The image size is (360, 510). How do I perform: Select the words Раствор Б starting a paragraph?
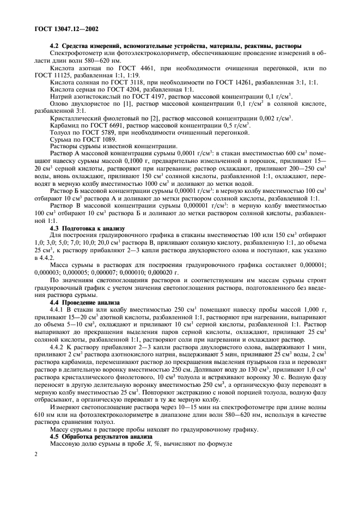(x=68, y=191)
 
